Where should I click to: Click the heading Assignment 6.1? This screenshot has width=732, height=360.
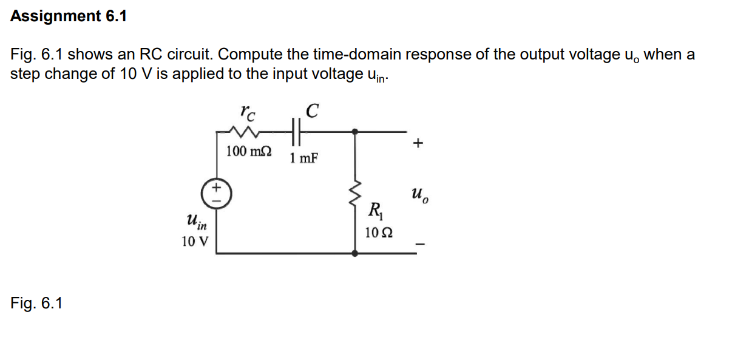point(69,16)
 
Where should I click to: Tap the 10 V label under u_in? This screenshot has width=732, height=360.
point(194,242)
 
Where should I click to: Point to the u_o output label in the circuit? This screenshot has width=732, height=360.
point(418,194)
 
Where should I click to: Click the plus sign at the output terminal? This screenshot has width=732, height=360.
point(417,144)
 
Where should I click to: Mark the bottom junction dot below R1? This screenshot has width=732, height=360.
point(355,254)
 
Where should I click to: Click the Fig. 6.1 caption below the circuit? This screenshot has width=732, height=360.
point(36,302)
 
